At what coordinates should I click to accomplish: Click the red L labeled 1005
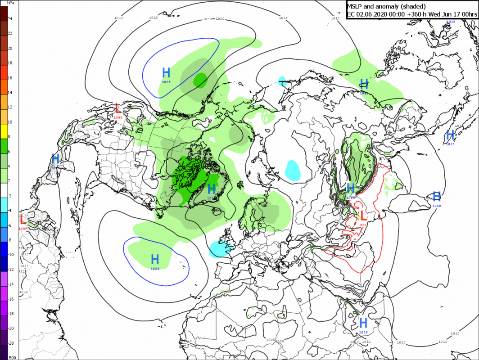coord(118,109)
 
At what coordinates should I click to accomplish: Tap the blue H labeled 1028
coord(166,72)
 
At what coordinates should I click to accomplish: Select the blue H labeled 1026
coord(155,259)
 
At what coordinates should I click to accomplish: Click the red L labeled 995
coord(363,216)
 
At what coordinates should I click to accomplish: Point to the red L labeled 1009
coord(23,220)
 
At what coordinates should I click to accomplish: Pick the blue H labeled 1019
coord(363,323)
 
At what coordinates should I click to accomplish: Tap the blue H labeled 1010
coord(436,196)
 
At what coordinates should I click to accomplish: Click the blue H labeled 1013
coord(450,135)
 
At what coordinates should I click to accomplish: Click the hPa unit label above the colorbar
coord(11,3)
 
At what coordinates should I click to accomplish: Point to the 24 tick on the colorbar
coord(10,18)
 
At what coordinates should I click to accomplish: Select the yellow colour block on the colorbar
coord(4,130)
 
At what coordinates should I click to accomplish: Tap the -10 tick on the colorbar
coord(11,254)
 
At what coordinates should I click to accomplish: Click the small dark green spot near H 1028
coord(200,80)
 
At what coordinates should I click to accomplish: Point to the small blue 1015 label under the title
coord(451,22)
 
